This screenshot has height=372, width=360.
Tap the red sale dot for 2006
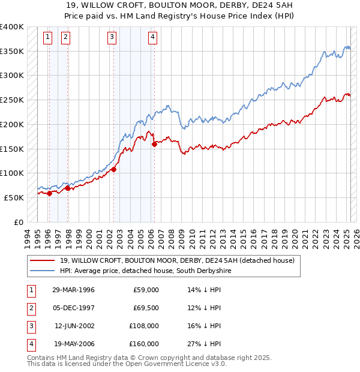click(154, 144)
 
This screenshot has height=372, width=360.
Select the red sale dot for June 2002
click(114, 169)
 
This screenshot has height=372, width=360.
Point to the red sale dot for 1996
click(50, 193)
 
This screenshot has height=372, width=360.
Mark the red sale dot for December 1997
click(68, 188)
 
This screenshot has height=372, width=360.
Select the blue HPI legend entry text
click(144, 271)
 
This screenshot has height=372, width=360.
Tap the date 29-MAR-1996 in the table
click(73, 290)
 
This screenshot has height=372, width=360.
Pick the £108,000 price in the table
click(145, 326)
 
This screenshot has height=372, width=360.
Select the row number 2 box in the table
click(30, 308)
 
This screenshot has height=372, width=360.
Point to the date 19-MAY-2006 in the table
click(73, 344)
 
